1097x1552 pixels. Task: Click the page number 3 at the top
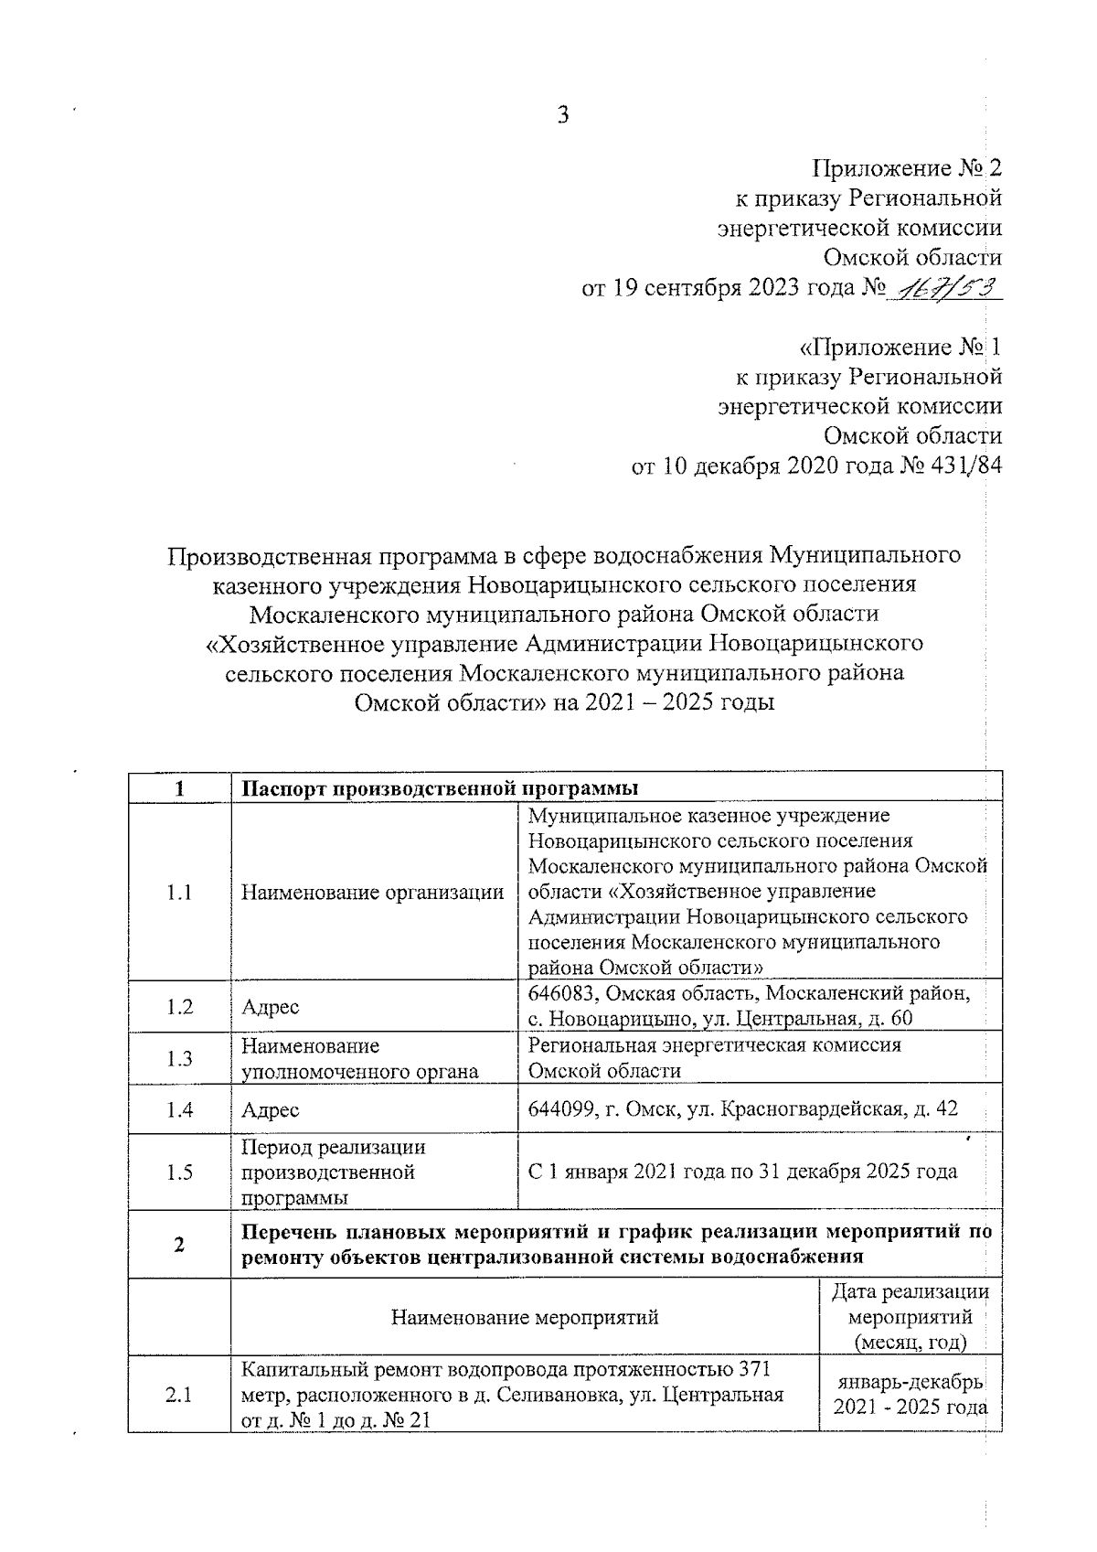pyautogui.click(x=562, y=115)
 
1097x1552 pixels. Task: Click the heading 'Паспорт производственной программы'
pyautogui.click(x=440, y=788)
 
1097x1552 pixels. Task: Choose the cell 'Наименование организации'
pyautogui.click(x=372, y=893)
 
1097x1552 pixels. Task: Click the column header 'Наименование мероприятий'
pyautogui.click(x=525, y=1318)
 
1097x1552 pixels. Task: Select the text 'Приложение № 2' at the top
pyautogui.click(x=907, y=168)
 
